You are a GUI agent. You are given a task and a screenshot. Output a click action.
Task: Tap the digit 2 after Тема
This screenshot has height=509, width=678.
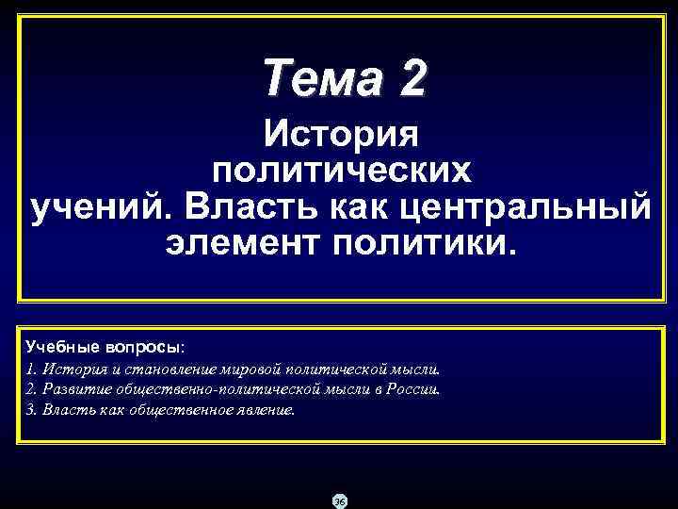(412, 76)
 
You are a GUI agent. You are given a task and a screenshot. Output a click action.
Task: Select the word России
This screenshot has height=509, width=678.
(415, 389)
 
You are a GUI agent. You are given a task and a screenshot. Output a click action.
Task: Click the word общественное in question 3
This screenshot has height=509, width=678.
(187, 410)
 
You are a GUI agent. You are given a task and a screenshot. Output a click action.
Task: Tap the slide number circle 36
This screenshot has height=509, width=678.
(340, 501)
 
